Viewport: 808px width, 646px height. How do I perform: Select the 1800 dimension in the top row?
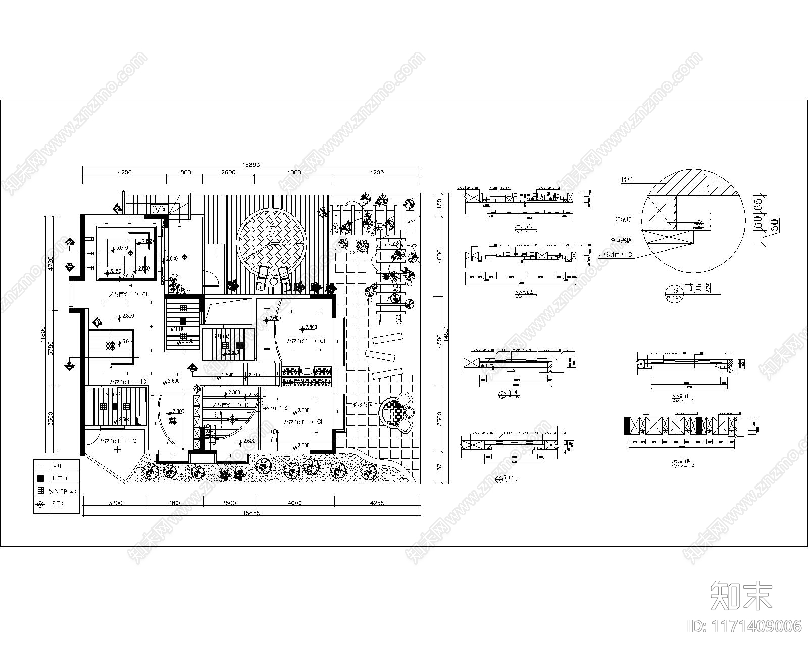tap(184, 172)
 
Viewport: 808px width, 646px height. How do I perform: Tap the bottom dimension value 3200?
tap(115, 503)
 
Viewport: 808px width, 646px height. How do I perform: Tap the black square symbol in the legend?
tap(40, 477)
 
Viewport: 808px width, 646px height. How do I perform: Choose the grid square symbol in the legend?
tap(40, 490)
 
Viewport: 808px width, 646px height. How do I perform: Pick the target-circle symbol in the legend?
tap(40, 504)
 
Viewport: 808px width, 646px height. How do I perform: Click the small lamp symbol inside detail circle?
tap(699, 223)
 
